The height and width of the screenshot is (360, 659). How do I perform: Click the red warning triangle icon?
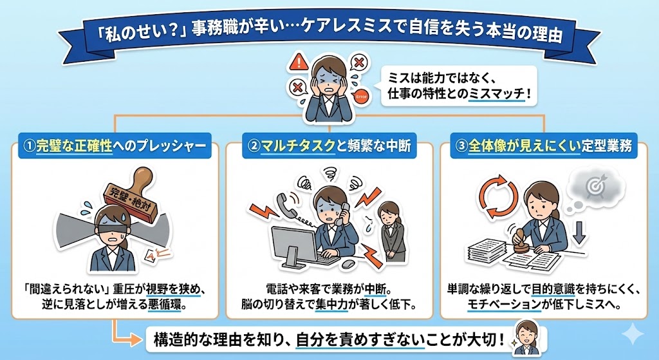click(x=297, y=62)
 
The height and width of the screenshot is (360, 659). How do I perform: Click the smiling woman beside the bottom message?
click(x=526, y=337)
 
